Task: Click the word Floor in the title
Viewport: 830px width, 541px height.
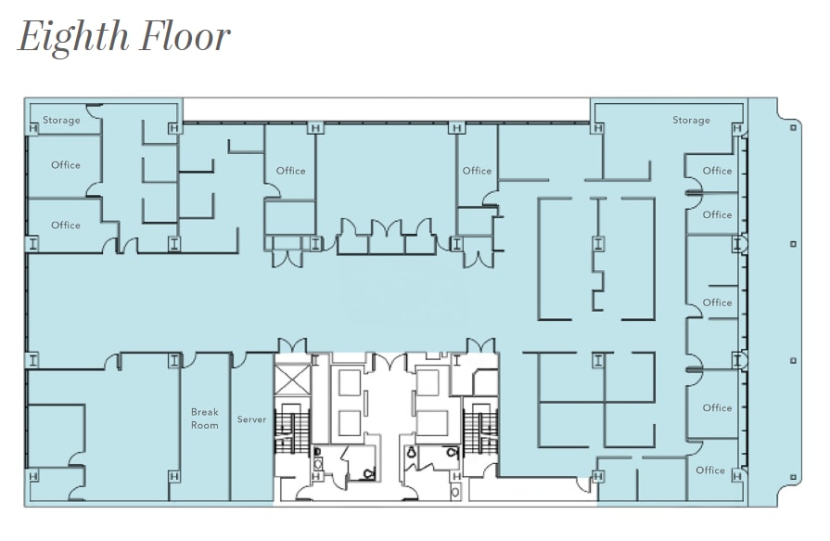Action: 185,37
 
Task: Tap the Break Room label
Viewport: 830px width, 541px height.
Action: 205,419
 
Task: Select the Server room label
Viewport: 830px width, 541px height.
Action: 251,419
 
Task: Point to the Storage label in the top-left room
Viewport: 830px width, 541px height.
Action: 61,120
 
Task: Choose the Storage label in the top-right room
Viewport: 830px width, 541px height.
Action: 691,120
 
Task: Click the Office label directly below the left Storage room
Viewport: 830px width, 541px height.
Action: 66,165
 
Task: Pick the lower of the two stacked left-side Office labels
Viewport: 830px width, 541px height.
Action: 66,225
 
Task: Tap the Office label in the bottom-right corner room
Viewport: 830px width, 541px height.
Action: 710,470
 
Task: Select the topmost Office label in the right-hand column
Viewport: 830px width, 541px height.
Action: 717,171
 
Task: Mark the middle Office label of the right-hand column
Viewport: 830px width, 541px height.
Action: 717,303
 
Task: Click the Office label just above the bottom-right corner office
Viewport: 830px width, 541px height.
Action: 717,407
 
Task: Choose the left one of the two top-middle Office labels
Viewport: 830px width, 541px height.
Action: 290,171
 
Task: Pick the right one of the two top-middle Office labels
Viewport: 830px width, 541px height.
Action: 477,171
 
